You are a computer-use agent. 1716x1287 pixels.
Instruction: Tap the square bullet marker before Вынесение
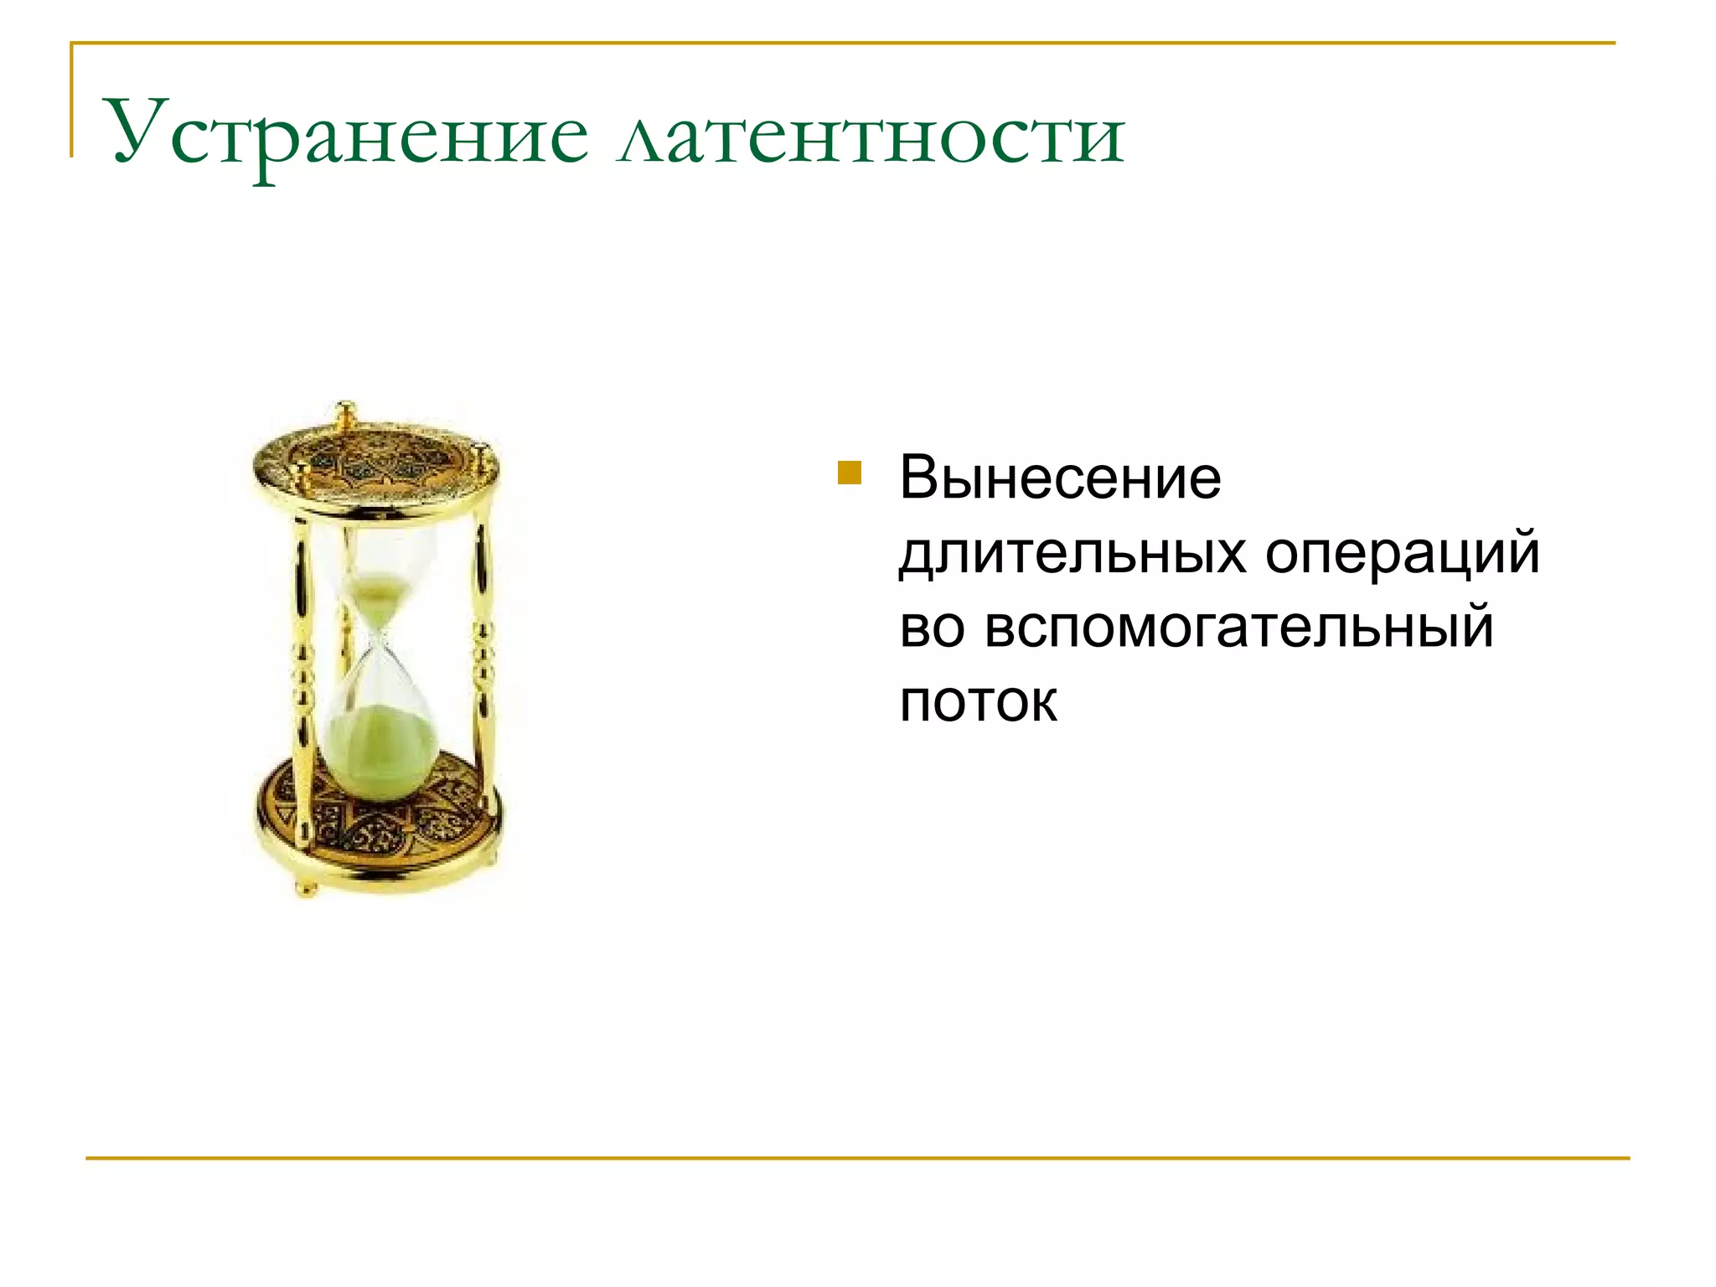[x=849, y=473]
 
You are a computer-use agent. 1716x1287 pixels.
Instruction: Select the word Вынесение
[x=1060, y=478]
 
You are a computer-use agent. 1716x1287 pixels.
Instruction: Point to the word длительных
[x=1072, y=554]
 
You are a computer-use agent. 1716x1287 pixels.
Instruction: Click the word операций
[x=1402, y=554]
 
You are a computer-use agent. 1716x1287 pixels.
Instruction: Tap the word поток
[x=978, y=701]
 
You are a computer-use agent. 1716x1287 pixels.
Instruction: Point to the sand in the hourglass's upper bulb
[x=376, y=600]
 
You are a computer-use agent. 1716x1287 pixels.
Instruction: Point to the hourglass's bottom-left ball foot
[x=305, y=887]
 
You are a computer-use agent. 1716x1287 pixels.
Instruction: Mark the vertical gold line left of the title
[x=72, y=101]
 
